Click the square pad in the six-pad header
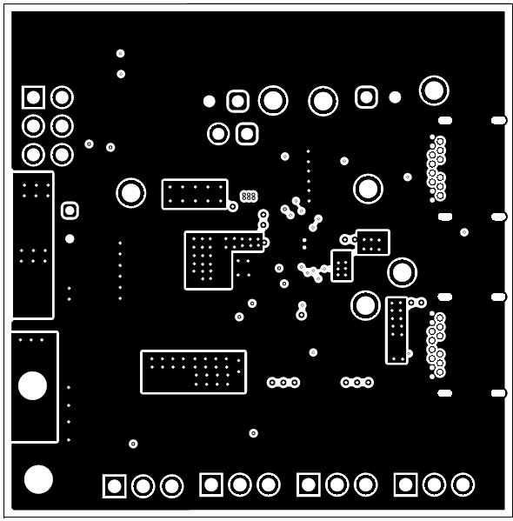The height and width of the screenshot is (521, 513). pos(33,97)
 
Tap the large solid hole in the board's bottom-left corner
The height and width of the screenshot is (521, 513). pos(38,479)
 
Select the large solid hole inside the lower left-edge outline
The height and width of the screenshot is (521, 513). pos(33,385)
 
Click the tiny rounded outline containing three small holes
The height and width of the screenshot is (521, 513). pos(249,197)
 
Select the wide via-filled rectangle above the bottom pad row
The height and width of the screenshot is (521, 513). pos(193,371)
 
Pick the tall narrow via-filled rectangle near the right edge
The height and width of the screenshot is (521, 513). pos(396,330)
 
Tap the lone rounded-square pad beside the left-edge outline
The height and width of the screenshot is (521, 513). pos(70,210)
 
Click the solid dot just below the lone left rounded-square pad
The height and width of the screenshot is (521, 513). pos(70,238)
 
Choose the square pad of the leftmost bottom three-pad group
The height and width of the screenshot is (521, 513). pos(115,485)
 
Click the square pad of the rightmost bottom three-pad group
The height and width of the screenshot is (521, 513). pos(405,484)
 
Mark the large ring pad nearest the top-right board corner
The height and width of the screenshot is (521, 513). pos(434,90)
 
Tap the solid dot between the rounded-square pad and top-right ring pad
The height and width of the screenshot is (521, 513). pos(395,97)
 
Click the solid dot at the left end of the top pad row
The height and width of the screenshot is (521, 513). pos(209,101)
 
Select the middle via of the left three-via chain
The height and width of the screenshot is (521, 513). pos(283,383)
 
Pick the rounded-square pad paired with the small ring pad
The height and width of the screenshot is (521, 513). pos(247,133)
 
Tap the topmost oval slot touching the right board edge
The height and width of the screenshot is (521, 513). pos(498,120)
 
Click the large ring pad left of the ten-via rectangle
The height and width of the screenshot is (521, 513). pos(131,192)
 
